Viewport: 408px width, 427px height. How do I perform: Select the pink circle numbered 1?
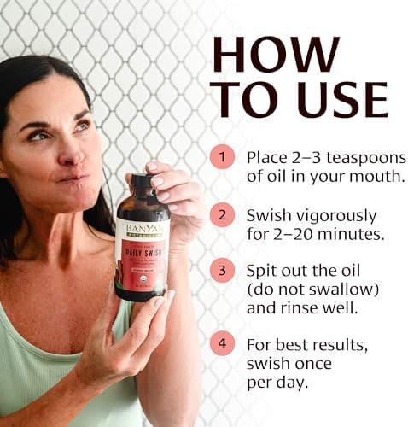[224, 157]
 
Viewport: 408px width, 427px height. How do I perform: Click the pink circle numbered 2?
[224, 213]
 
